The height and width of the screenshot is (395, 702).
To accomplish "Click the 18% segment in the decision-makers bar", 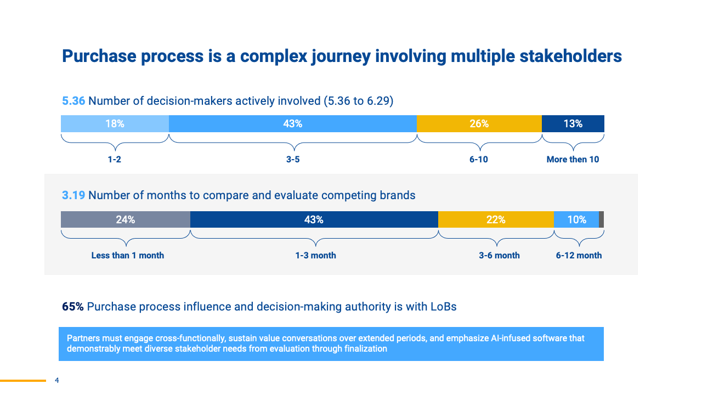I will (x=115, y=123).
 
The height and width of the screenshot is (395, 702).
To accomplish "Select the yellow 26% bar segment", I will (x=479, y=123).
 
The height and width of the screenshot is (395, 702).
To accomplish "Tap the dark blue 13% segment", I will (x=573, y=123).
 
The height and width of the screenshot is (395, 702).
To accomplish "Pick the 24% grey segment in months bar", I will (x=125, y=219).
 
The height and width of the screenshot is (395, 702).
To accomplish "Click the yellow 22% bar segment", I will (x=495, y=219).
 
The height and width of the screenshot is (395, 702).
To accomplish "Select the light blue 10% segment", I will (x=576, y=219).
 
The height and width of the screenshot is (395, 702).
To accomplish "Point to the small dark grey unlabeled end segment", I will (x=602, y=219).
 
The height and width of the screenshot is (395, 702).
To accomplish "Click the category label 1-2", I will (x=114, y=160).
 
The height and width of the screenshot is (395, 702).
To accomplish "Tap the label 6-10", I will (x=479, y=160).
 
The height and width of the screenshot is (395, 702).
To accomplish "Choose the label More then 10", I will (x=573, y=160).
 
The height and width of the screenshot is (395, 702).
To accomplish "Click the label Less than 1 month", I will (x=127, y=256).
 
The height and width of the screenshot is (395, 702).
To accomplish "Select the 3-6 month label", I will (x=499, y=256).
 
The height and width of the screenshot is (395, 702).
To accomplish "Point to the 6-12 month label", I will (x=579, y=256).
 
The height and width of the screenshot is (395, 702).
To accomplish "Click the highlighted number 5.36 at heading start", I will (x=73, y=101).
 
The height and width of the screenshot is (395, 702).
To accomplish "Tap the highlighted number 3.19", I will (x=73, y=195).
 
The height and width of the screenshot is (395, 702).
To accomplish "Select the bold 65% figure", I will (x=73, y=307).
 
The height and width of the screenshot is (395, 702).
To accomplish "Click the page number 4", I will (x=57, y=380).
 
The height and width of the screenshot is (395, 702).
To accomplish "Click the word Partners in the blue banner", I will (x=82, y=338).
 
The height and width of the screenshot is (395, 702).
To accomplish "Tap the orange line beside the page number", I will (x=22, y=380).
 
